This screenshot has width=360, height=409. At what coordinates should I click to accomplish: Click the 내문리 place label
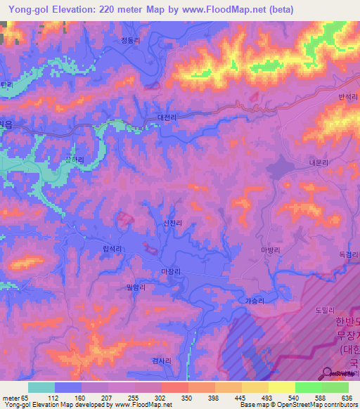click(x=319, y=161)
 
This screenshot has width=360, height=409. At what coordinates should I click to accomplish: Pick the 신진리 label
click(x=173, y=223)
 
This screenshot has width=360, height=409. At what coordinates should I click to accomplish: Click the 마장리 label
click(x=171, y=271)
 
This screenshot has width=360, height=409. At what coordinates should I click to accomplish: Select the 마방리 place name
click(x=271, y=249)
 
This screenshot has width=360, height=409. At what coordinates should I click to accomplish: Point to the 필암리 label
click(x=136, y=287)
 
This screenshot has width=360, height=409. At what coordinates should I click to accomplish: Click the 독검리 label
click(x=349, y=254)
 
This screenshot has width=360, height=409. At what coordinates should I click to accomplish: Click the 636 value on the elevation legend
click(x=347, y=398)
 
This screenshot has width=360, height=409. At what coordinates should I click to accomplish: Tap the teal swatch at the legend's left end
click(x=41, y=387)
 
